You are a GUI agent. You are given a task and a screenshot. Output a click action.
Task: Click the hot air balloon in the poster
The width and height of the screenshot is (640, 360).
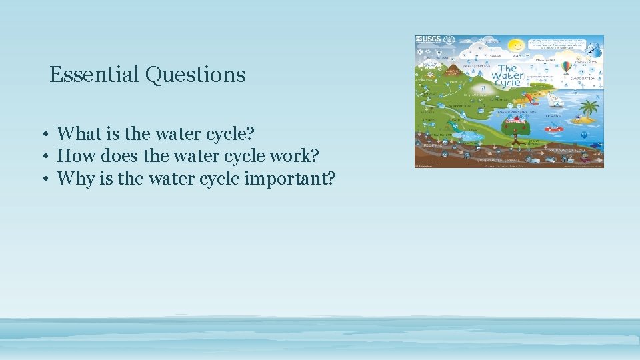pyautogui.click(x=566, y=67)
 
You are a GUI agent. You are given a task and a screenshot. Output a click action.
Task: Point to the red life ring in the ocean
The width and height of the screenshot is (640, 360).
pyautogui.click(x=553, y=129)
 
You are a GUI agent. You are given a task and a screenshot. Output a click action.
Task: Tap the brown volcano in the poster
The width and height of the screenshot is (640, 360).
pyautogui.click(x=451, y=69)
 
